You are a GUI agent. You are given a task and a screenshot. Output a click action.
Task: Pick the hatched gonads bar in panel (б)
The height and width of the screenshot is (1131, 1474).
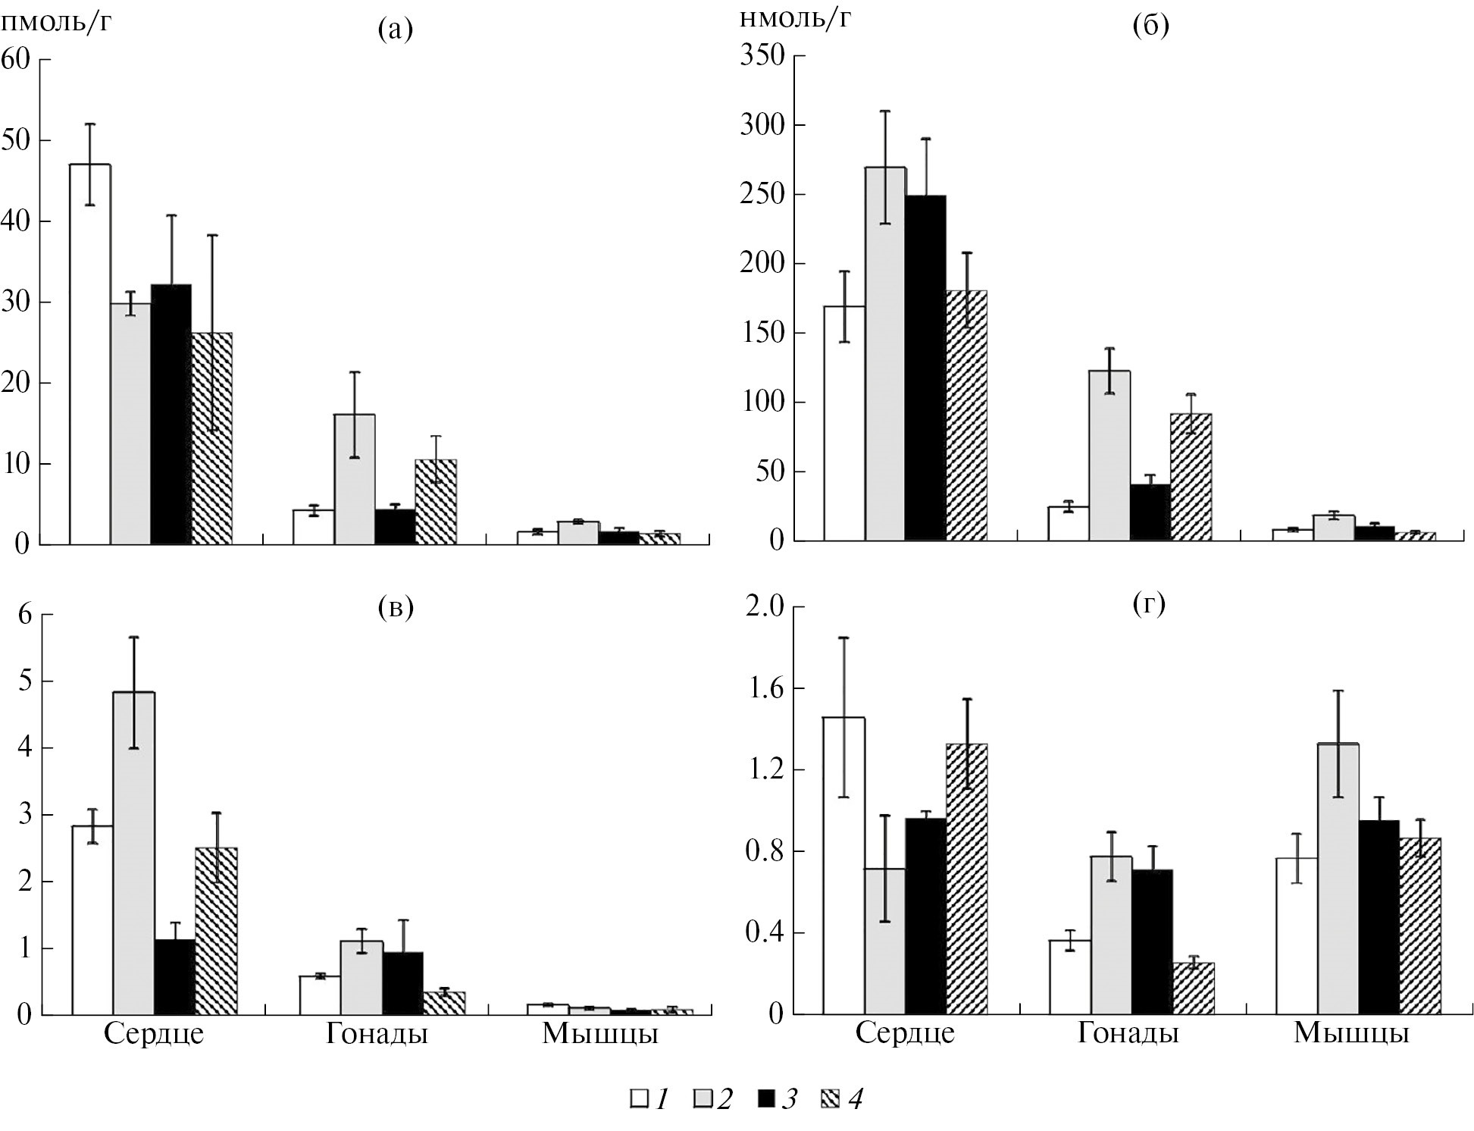[1191, 477]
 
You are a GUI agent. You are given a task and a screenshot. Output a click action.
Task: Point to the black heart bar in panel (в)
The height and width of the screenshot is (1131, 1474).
[175, 977]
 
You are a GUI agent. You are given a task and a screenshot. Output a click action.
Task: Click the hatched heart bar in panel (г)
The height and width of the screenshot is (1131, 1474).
[966, 879]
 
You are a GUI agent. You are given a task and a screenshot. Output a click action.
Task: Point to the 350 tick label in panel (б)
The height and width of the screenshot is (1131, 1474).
[767, 56]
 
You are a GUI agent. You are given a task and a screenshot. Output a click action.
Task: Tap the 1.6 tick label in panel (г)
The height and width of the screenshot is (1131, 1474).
[766, 688]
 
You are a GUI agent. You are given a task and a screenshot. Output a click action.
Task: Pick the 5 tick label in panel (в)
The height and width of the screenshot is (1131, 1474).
[25, 681]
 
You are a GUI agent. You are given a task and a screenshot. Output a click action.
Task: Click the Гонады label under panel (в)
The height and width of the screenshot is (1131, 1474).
[377, 1034]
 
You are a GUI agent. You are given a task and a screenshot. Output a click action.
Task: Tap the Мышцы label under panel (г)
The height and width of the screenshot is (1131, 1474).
[1350, 1034]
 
